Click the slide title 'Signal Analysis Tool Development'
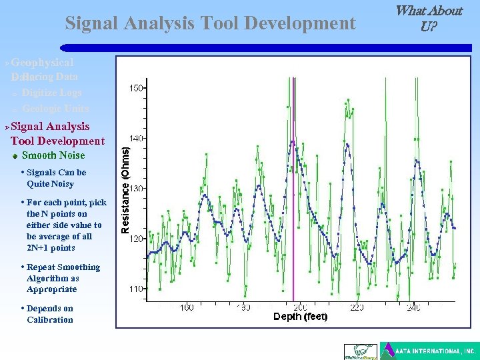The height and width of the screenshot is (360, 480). point(210,23)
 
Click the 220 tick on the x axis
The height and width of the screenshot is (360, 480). point(357,307)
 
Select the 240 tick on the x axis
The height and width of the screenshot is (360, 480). point(413,307)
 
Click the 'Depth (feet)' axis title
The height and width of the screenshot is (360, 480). point(300,317)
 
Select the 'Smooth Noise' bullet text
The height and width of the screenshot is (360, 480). point(53,155)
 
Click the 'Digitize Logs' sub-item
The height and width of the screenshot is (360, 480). point(51,93)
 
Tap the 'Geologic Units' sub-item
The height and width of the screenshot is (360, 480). point(55,109)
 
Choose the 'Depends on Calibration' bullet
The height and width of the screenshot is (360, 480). point(49,314)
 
